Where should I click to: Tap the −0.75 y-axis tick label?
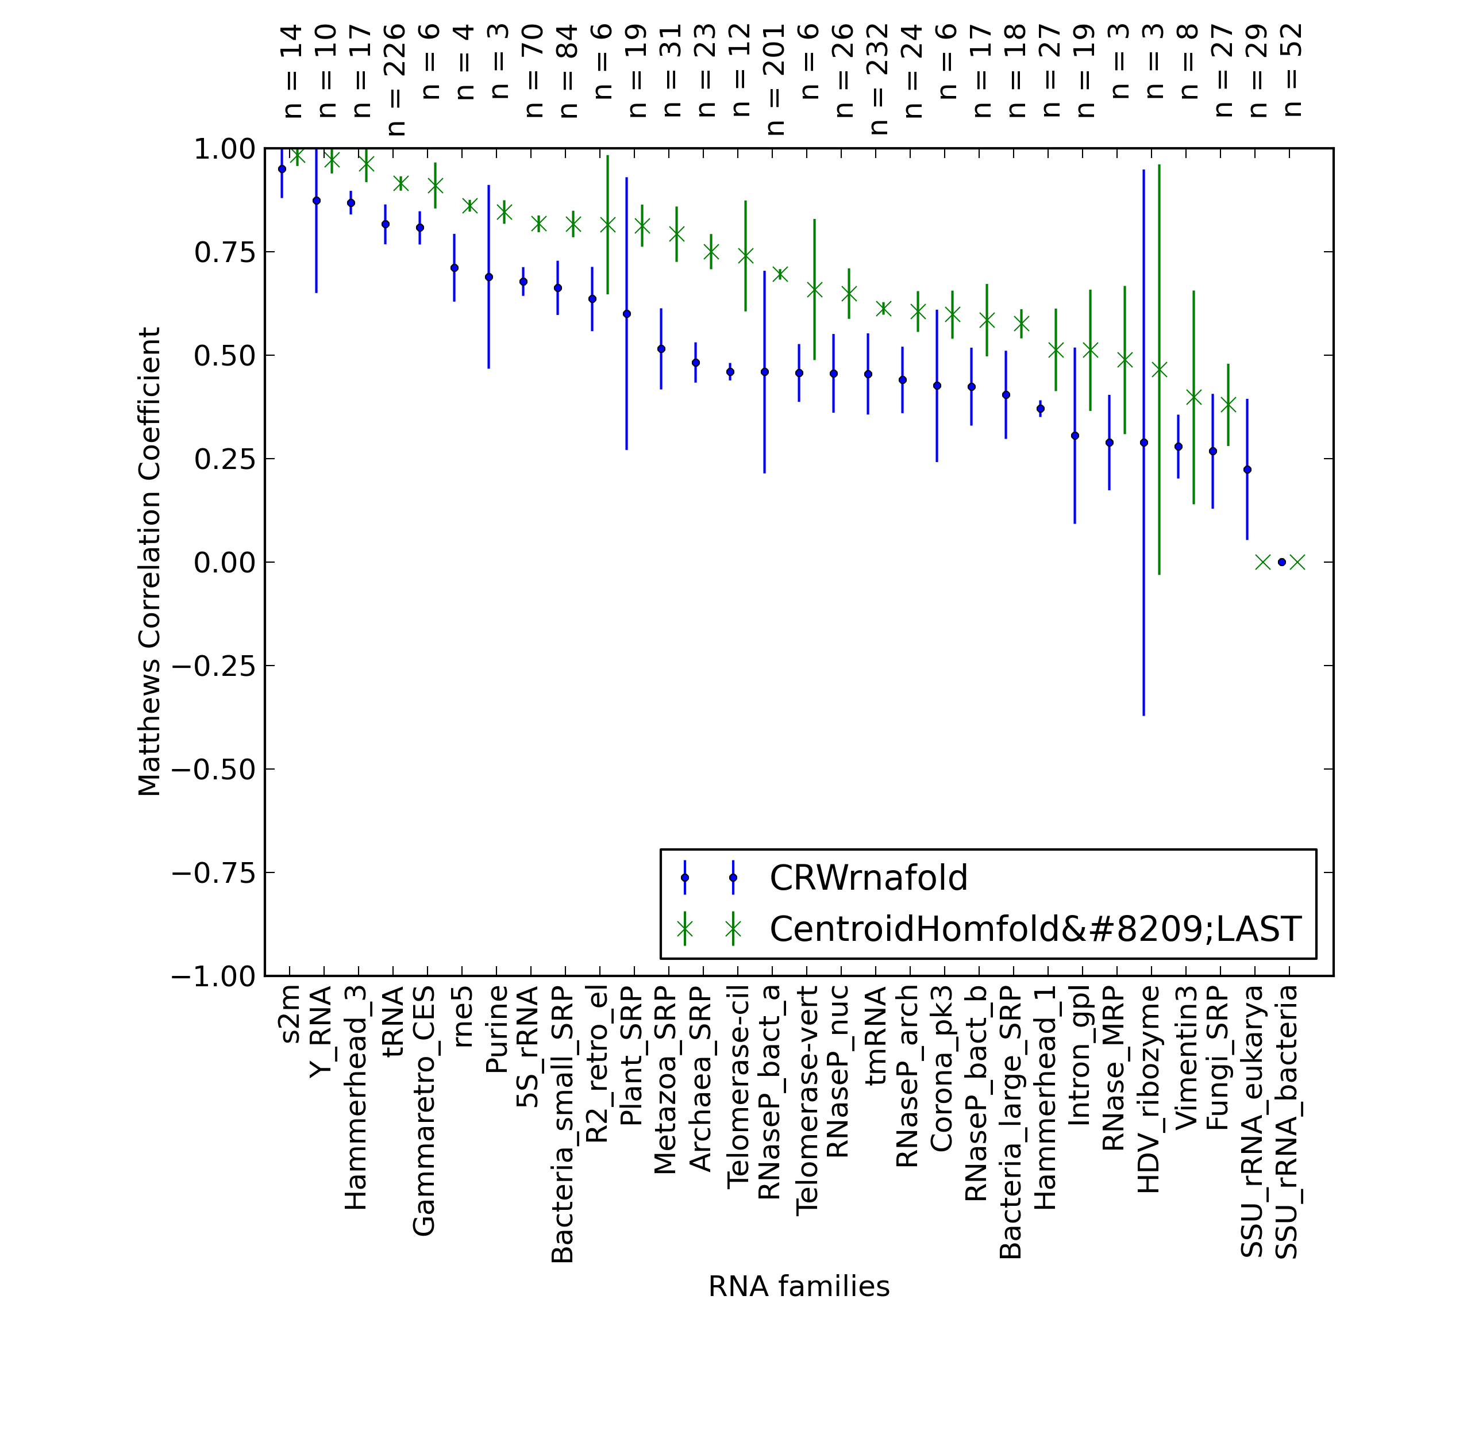214,873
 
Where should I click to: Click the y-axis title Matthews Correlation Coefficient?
149,562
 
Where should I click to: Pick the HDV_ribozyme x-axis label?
1148,1090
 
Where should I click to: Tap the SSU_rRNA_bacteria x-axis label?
1287,1123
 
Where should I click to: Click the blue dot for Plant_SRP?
626,314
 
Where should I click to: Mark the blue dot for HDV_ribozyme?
1143,443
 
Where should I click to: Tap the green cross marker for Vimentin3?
1193,398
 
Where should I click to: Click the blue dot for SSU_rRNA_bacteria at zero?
1281,563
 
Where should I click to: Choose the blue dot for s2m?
282,170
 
